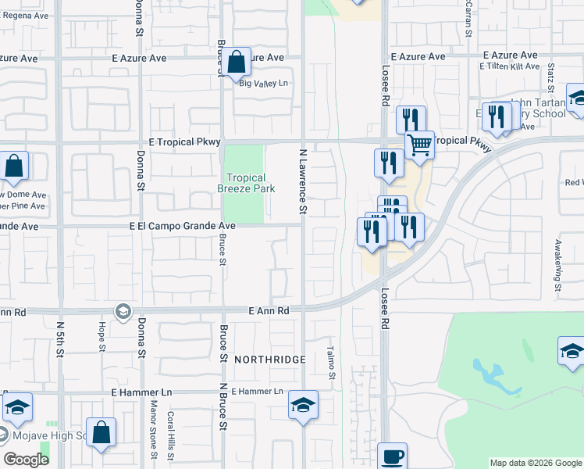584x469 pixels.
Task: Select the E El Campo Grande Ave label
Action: point(183,226)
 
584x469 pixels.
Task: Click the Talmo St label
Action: point(331,363)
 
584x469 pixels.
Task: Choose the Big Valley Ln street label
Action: point(263,84)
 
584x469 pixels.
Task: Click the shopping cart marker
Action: point(419,144)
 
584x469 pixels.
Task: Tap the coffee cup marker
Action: point(392,455)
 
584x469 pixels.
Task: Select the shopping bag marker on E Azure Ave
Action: point(237,62)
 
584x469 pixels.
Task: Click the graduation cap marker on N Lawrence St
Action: point(303,404)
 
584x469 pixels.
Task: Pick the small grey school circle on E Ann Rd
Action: point(123,312)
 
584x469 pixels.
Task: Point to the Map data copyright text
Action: point(536,463)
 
